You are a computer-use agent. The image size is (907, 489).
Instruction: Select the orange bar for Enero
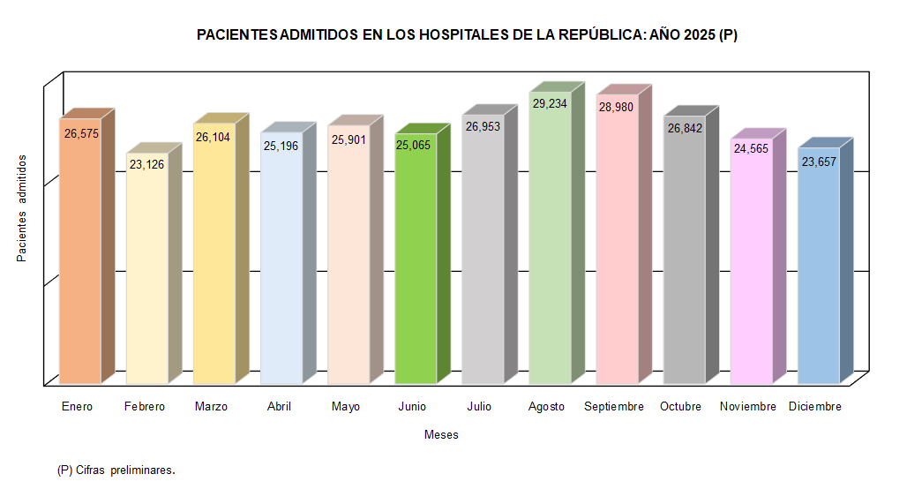coord(80,256)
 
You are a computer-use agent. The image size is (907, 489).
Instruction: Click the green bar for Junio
coord(416,265)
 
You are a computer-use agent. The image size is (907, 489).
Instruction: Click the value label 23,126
coord(146,164)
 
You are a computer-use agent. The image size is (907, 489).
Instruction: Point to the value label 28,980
coord(617,106)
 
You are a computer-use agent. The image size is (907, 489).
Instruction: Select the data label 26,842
coord(685,128)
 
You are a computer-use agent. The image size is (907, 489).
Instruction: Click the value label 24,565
coord(752,150)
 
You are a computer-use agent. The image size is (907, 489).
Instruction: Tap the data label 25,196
coord(281,145)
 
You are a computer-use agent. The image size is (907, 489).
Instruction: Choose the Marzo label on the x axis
coord(211,407)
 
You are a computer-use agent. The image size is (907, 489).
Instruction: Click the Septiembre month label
coord(614,407)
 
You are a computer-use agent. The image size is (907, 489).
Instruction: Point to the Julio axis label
coord(479,407)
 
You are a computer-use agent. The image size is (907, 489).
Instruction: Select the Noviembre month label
coord(748,407)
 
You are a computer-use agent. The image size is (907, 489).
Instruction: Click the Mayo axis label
coord(346,407)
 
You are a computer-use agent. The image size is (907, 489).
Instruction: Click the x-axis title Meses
coord(441,435)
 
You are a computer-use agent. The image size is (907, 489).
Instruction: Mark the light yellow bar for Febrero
coord(147,274)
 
